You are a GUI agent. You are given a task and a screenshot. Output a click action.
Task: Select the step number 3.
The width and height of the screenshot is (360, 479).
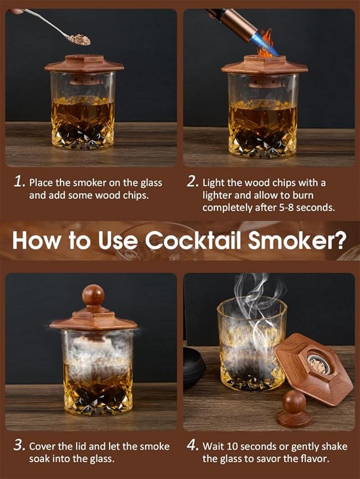coord(19,446)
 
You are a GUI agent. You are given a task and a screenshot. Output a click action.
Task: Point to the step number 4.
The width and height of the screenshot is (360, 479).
coord(193,446)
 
